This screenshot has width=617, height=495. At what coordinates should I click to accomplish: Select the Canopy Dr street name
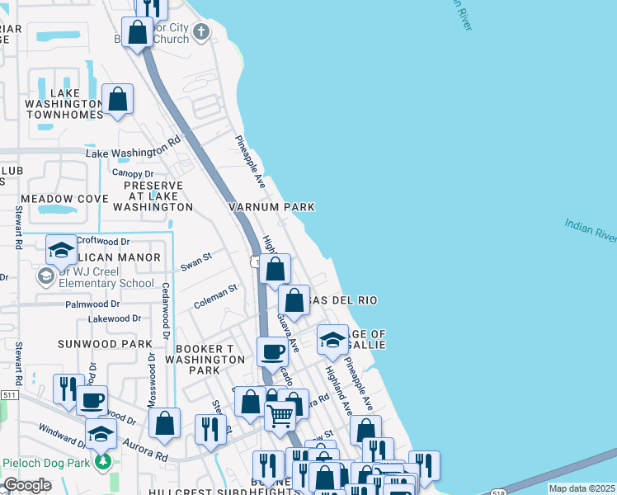tap(133, 174)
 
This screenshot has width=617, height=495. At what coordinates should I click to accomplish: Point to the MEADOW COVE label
tap(64, 200)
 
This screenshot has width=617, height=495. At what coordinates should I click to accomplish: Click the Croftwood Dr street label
tap(103, 242)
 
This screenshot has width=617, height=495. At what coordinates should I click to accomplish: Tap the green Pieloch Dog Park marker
tap(103, 461)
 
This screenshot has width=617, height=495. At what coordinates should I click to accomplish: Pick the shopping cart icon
tap(280, 416)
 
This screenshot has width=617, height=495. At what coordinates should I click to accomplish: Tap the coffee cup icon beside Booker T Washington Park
tap(272, 352)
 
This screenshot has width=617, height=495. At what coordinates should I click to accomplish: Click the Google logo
tap(27, 485)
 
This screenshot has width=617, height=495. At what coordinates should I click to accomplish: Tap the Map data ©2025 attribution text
tap(582, 488)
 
